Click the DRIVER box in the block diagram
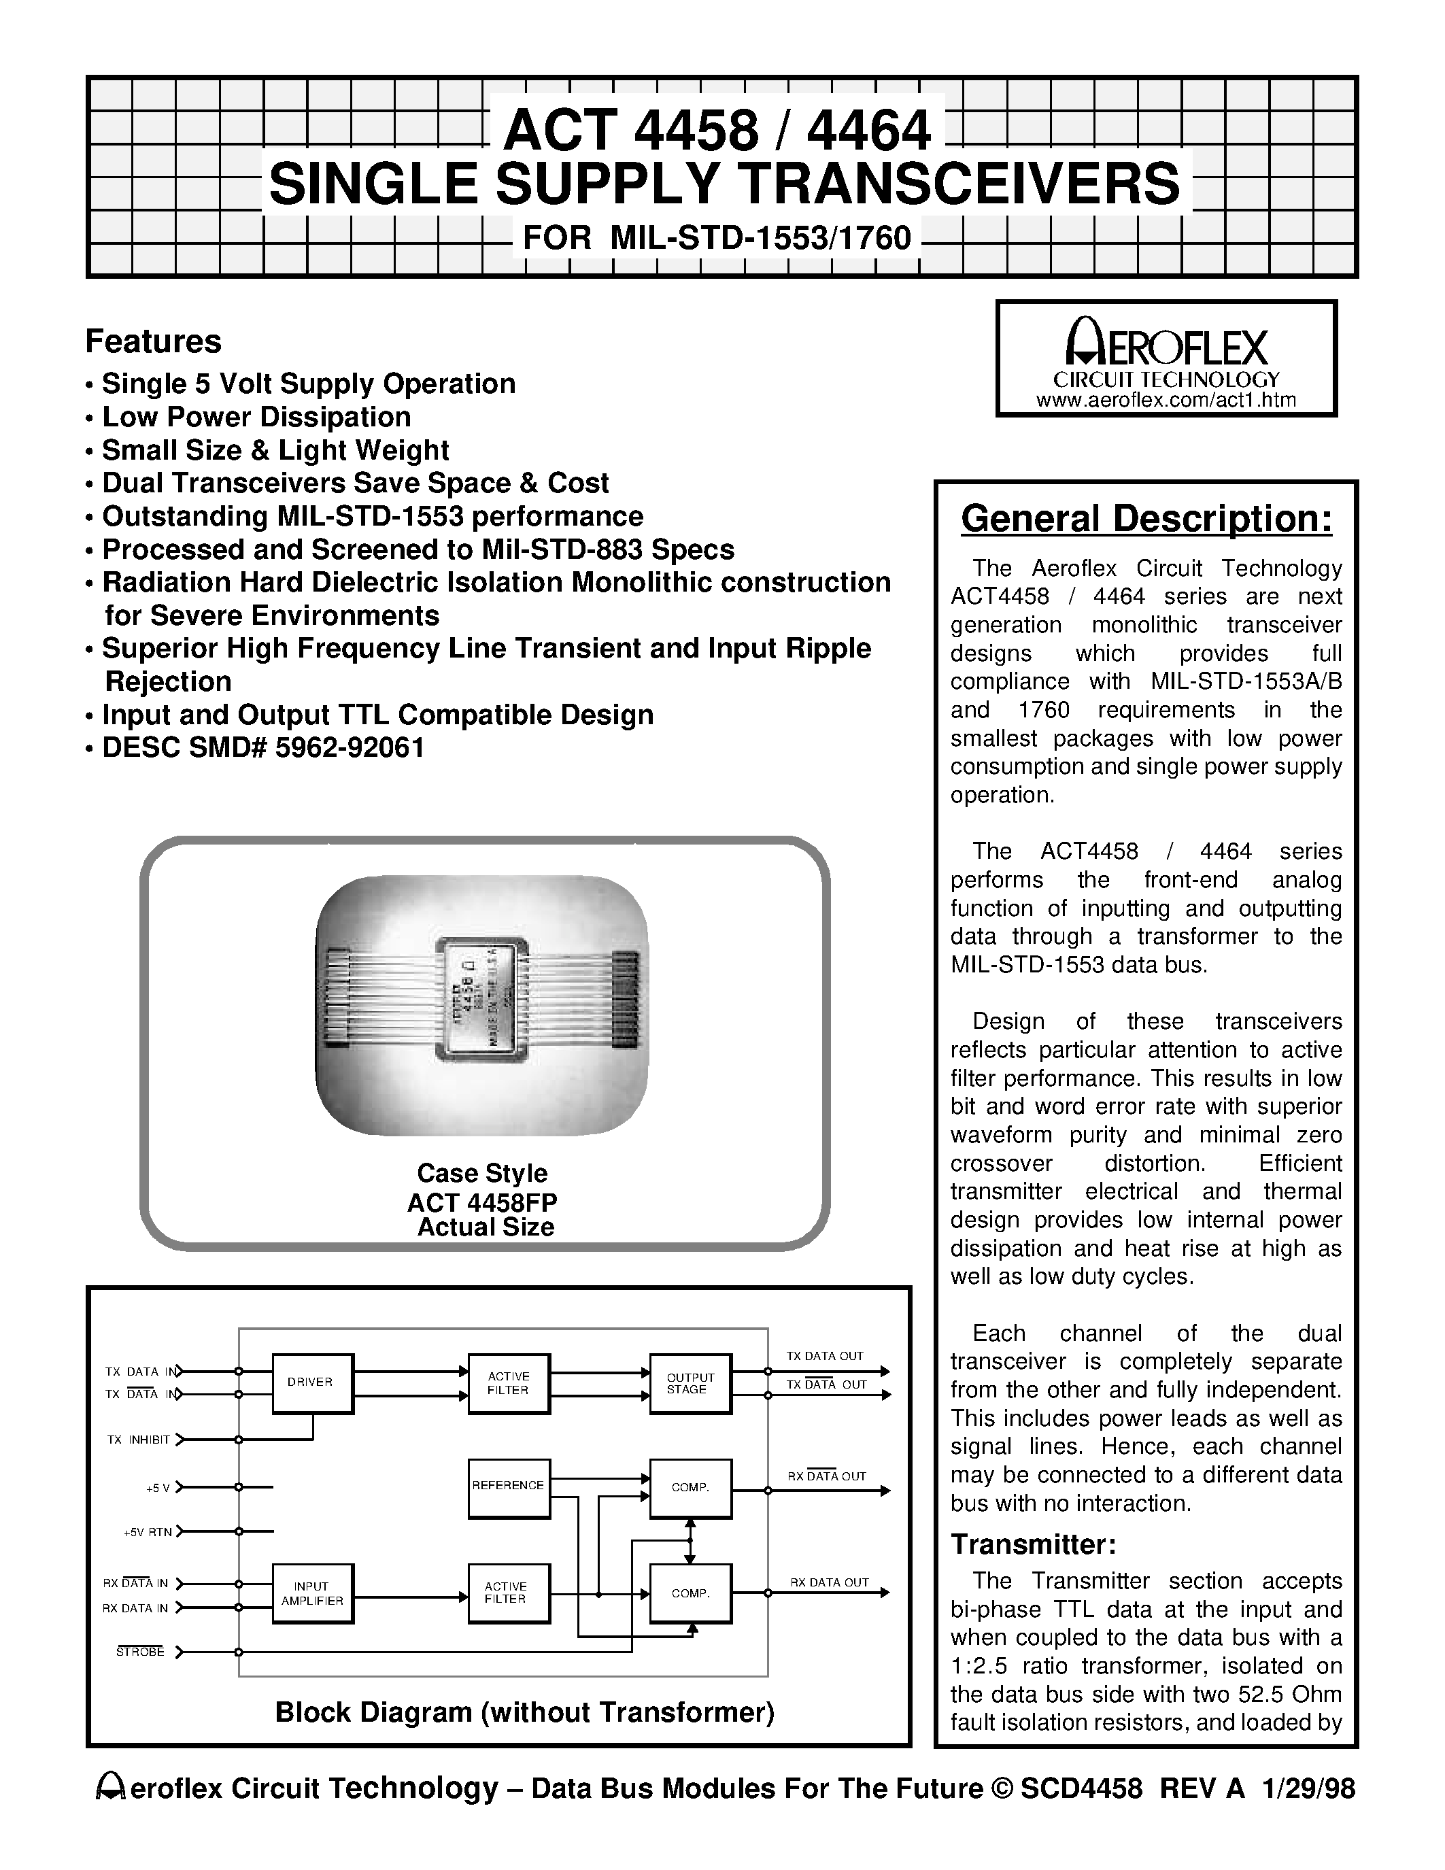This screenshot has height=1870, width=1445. click(312, 1383)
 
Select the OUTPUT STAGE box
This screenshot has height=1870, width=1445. click(690, 1383)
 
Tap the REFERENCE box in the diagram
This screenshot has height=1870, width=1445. click(509, 1488)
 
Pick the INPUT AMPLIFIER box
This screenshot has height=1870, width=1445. click(312, 1593)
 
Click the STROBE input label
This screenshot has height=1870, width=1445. click(140, 1652)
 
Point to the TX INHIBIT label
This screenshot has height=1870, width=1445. click(139, 1440)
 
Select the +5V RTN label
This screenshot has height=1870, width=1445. click(148, 1532)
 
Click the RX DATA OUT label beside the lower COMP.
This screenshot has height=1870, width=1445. click(829, 1582)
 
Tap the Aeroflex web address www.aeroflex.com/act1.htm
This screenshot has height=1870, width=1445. click(1166, 400)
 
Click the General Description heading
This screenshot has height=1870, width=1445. click(1146, 519)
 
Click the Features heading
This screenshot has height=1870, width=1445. click(153, 341)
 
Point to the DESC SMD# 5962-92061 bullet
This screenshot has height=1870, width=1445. click(262, 747)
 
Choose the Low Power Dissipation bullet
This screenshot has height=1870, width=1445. click(256, 417)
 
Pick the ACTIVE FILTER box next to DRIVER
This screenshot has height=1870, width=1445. click(509, 1383)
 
